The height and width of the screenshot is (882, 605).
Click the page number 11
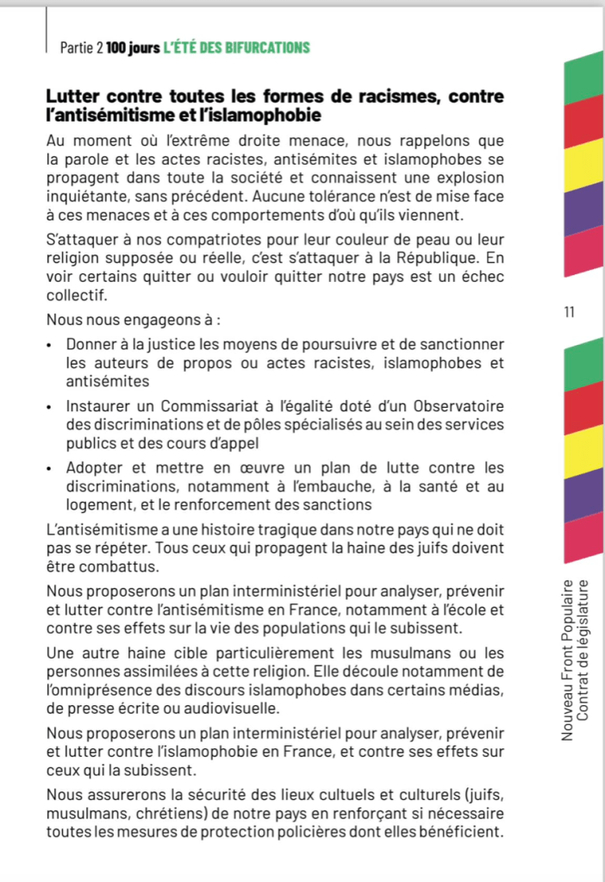568,312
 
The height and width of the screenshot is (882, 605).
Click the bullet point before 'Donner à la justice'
52,346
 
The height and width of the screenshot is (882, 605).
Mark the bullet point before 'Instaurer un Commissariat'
52,407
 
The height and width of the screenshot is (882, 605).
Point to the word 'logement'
97,504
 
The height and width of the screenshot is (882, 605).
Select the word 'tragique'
262,528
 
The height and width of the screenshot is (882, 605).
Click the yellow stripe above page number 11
583,161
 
